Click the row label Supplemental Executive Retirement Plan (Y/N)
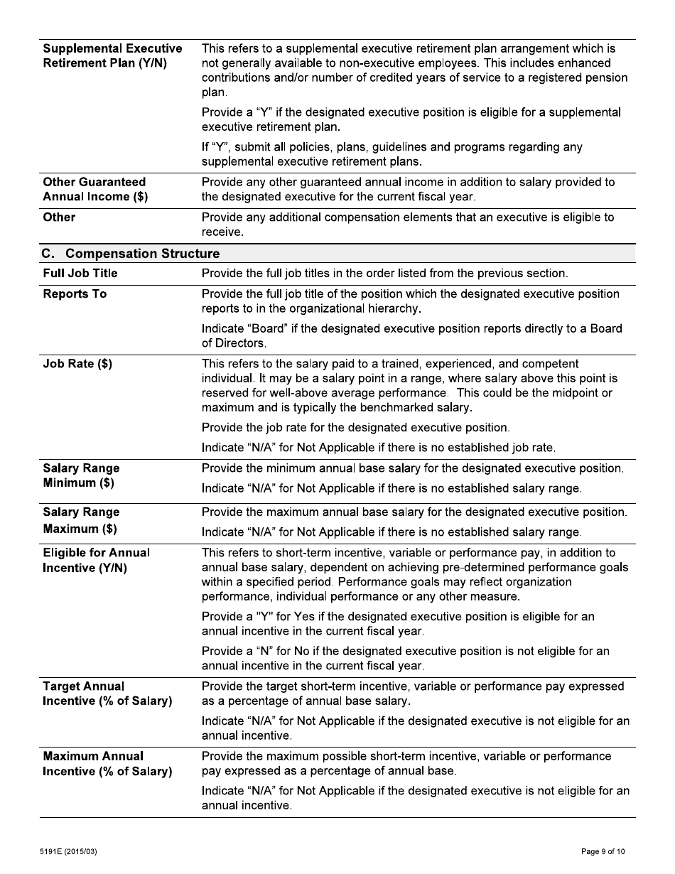pos(112,56)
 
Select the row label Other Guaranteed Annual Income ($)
pos(95,190)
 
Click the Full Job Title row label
pos(80,274)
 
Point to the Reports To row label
pos(75,294)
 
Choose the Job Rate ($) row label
pos(77,365)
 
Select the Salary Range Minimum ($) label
pos(81,476)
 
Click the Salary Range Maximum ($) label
pos(81,520)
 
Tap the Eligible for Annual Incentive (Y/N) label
pos(96,561)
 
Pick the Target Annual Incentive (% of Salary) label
pos(107,694)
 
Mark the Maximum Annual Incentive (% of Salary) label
pos(107,764)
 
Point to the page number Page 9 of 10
pos(603,851)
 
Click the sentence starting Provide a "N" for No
pos(405,659)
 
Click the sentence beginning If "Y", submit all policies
pos(391,154)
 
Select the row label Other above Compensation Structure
pos(59,217)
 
